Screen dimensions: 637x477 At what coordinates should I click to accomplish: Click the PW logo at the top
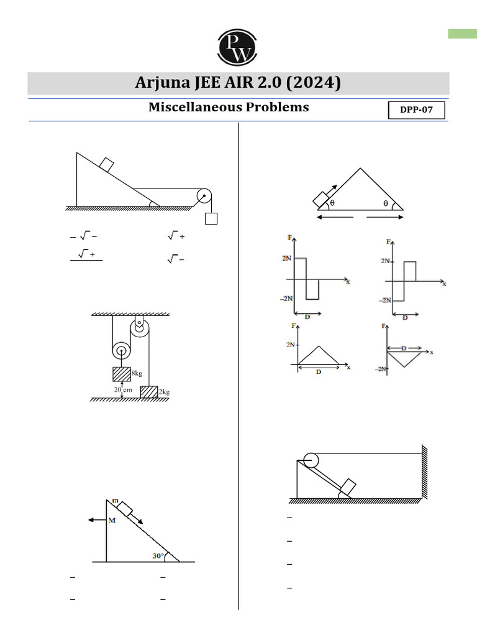237,46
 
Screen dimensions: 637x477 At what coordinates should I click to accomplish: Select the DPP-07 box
417,111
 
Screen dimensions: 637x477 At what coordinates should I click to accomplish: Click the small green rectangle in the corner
462,34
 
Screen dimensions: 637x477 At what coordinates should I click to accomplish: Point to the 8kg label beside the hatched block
137,373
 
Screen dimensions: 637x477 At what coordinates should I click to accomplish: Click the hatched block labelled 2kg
148,391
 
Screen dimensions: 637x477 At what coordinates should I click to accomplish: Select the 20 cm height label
122,389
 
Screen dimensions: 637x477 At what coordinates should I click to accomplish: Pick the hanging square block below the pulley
211,218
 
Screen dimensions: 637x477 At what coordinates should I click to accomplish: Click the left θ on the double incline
332,203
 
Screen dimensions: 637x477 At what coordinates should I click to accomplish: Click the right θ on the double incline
385,203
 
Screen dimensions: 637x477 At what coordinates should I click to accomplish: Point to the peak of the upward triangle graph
319,346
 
